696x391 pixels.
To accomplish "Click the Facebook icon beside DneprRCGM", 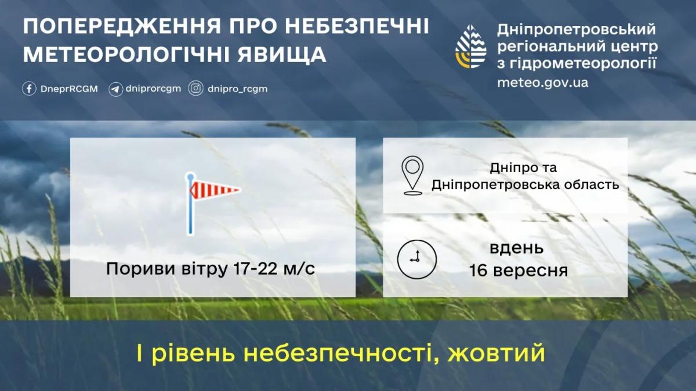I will point(29,89).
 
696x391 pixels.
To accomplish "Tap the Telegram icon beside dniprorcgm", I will point(115,89).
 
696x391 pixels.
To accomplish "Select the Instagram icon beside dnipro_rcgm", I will point(196,89).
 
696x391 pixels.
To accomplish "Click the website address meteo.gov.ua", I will point(542,82).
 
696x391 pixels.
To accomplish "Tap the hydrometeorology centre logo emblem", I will point(470,46).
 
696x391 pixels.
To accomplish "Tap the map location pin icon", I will point(412,174).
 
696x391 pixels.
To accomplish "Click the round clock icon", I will point(416,257).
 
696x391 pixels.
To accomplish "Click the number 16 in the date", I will point(481,270).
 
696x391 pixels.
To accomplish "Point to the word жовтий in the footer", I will point(497,353).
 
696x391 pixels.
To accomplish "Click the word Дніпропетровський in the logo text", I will point(577,28).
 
